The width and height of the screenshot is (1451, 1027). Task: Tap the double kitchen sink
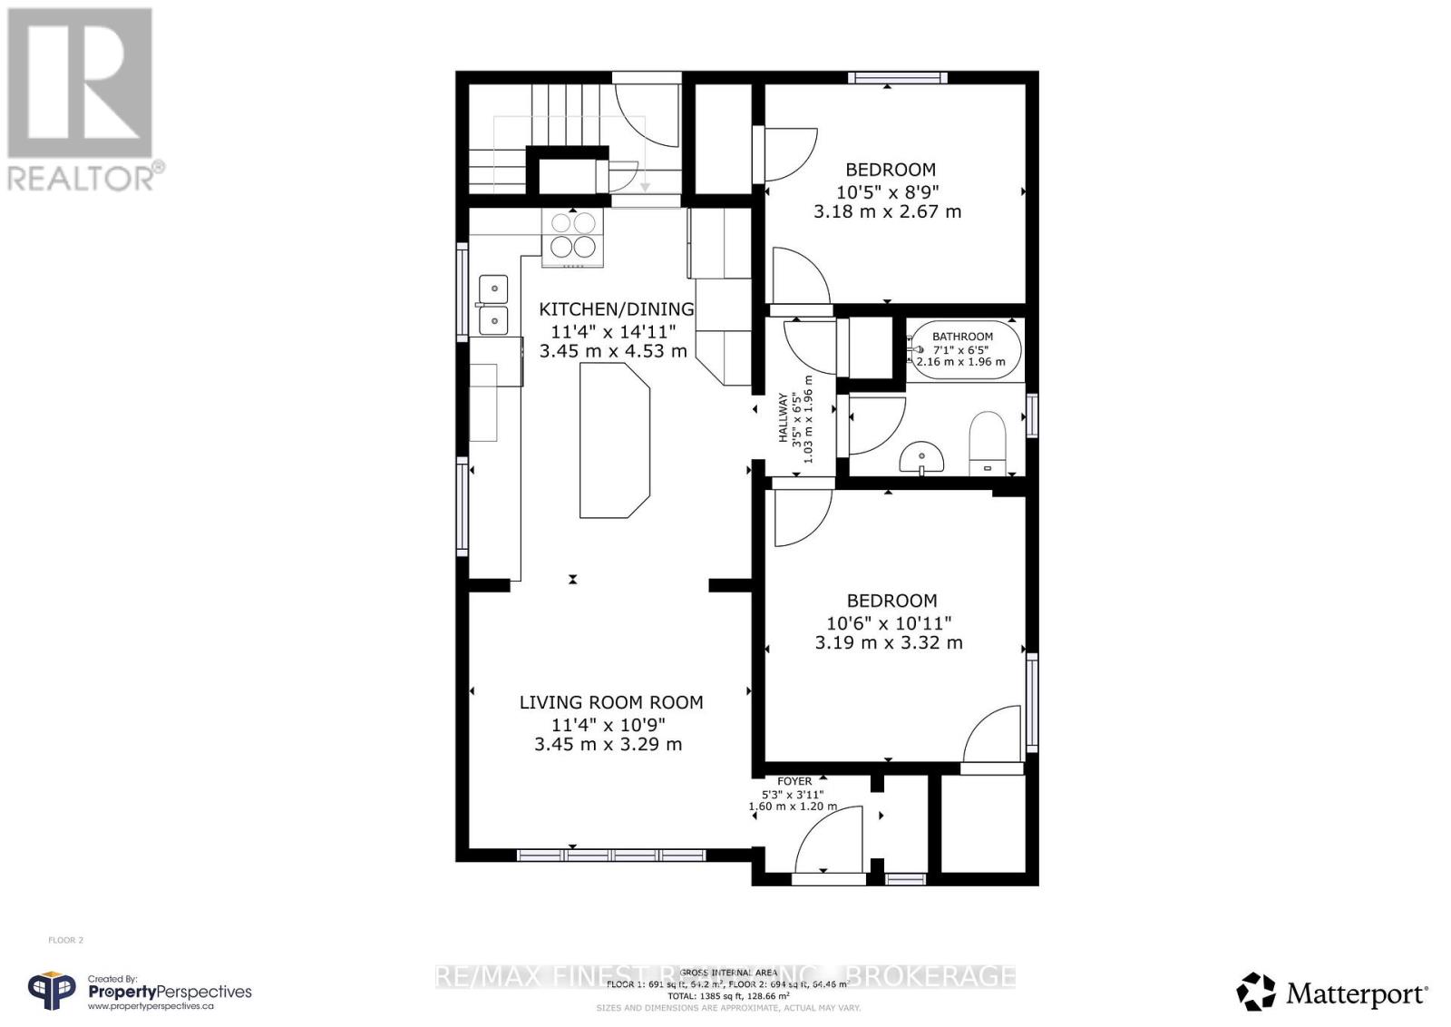pyautogui.click(x=493, y=305)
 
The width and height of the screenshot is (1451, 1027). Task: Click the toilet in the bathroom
pyautogui.click(x=988, y=443)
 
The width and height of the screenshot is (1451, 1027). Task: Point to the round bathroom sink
pyautogui.click(x=921, y=458)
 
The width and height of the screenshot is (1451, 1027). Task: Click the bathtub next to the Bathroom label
pyautogui.click(x=964, y=349)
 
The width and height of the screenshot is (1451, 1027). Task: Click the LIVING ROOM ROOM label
pyautogui.click(x=610, y=702)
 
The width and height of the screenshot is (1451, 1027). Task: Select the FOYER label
pyautogui.click(x=794, y=781)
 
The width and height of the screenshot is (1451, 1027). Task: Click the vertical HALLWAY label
pyautogui.click(x=784, y=417)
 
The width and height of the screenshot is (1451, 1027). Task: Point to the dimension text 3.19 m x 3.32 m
pyautogui.click(x=889, y=643)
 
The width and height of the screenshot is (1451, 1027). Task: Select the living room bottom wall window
pyautogui.click(x=610, y=855)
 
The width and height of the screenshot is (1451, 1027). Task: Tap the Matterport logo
pyautogui.click(x=1333, y=993)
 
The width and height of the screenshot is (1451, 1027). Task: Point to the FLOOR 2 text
pyautogui.click(x=65, y=941)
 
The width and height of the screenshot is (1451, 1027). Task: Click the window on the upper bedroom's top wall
pyautogui.click(x=898, y=78)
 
